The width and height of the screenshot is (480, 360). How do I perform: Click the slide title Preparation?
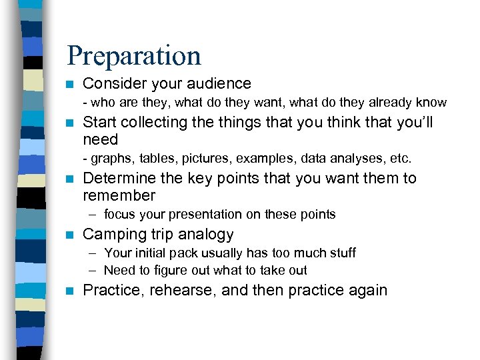click(134, 56)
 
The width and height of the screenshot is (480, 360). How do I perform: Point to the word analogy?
click(207, 235)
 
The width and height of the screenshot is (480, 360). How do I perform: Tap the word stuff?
click(342, 253)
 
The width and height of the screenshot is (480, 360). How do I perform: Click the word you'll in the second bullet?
click(415, 123)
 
